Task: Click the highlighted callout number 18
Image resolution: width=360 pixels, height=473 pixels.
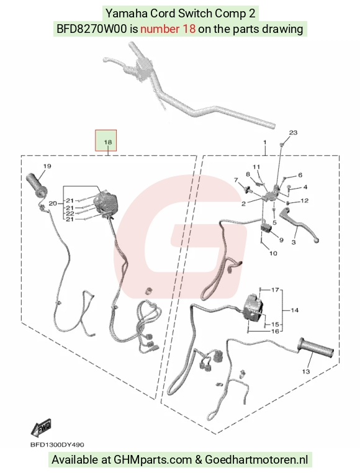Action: coord(108,142)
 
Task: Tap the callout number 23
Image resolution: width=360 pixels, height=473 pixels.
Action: coord(293,132)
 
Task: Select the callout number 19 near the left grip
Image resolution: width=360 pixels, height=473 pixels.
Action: coord(47,166)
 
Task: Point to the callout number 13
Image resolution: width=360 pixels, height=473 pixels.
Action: coord(306,371)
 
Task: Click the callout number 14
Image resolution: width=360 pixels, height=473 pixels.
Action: coord(294,310)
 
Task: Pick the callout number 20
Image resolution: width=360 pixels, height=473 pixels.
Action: coord(53,204)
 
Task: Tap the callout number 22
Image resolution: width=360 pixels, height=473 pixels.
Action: coord(70,214)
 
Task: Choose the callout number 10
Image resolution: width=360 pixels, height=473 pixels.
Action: coord(273,253)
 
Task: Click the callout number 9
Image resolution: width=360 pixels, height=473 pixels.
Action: coord(281,240)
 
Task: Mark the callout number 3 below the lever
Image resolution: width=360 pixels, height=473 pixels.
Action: coord(294,242)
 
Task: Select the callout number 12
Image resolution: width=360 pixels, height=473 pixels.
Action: coord(305,200)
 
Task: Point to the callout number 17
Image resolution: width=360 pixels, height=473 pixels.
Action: coord(275,290)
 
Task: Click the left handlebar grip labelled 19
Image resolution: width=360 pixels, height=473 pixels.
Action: coord(35,184)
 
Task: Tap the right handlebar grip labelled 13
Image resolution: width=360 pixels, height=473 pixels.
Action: coord(315,348)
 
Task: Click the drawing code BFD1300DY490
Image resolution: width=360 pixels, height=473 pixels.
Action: coord(57,444)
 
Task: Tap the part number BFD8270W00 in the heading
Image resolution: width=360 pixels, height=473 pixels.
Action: coord(92,29)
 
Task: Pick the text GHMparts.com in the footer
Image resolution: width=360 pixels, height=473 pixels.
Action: coord(153,460)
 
